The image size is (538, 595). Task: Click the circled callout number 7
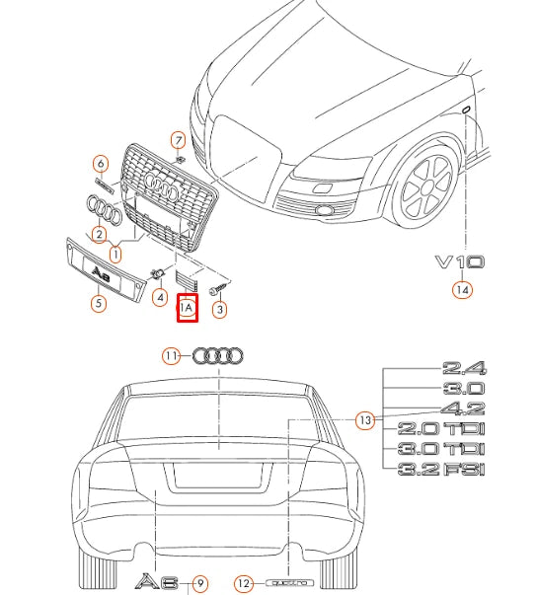178,139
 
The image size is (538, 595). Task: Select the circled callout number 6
100,164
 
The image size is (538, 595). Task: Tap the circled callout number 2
99,234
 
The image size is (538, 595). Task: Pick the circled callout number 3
220,309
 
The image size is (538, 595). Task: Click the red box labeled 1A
187,308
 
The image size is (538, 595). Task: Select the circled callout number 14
462,290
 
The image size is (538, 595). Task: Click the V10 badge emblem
459,262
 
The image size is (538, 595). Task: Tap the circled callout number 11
173,356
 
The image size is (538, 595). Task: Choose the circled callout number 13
365,420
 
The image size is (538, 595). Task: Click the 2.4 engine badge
465,368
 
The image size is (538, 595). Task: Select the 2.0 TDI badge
441,429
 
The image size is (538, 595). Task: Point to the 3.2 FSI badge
441,470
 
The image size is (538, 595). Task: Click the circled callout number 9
200,583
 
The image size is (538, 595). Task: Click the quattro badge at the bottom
289,583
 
